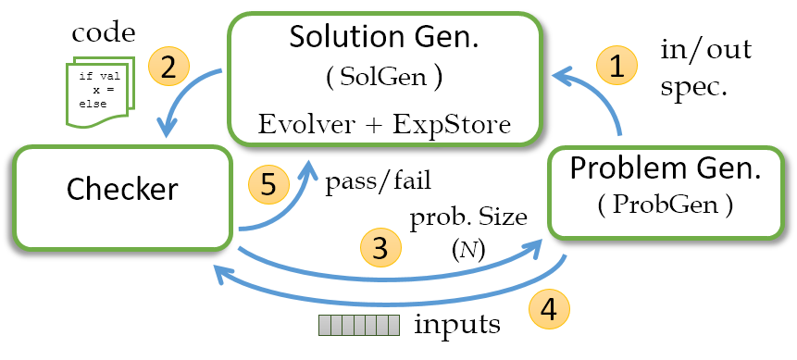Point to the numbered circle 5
(x=268, y=185)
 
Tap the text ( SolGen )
(x=383, y=78)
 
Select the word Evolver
(x=311, y=124)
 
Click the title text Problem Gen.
(x=665, y=168)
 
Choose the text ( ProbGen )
(x=665, y=206)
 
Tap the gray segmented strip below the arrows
(x=359, y=325)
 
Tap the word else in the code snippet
(x=93, y=104)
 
